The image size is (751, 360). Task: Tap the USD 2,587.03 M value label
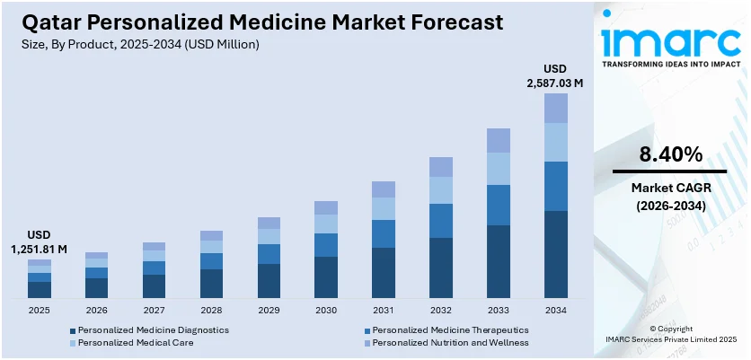pyautogui.click(x=555, y=76)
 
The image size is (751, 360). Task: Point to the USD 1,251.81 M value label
pyautogui.click(x=39, y=242)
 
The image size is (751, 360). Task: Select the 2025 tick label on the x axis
pyautogui.click(x=40, y=311)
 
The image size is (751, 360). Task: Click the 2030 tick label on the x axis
pyautogui.click(x=325, y=311)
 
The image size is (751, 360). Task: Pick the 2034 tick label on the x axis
pyautogui.click(x=555, y=311)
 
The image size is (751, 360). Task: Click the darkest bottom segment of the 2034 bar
pyautogui.click(x=555, y=254)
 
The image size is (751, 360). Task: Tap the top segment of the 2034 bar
pyautogui.click(x=555, y=108)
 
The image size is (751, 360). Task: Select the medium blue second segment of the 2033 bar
pyautogui.click(x=498, y=205)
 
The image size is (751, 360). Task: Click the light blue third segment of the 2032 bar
pyautogui.click(x=440, y=189)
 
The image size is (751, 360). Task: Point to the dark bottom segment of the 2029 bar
pyautogui.click(x=269, y=280)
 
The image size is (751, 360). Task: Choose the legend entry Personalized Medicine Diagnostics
pyautogui.click(x=147, y=329)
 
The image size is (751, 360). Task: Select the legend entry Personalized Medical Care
pyautogui.click(x=125, y=343)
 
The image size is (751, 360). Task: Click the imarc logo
pyautogui.click(x=669, y=40)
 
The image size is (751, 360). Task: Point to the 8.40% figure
pyautogui.click(x=669, y=154)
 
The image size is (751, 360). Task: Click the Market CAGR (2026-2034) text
pyautogui.click(x=669, y=197)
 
